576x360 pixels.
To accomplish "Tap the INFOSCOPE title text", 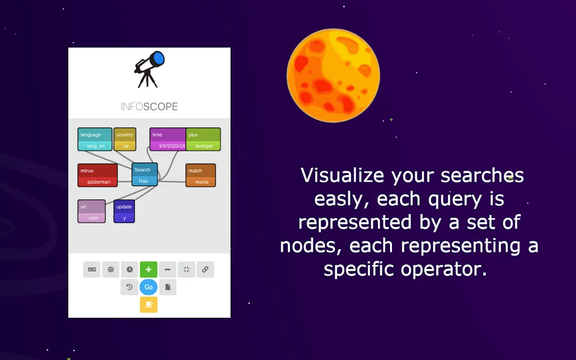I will coord(149,107).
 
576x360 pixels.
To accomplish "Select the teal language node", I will coord(94,139).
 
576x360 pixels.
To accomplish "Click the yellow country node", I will coord(125,139).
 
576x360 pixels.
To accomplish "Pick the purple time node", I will coord(167,139).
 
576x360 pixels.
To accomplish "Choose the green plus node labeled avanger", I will coord(203,139).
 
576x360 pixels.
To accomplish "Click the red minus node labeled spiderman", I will coord(97,175).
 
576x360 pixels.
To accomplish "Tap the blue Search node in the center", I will coord(145,174).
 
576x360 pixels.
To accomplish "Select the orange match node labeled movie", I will coord(201,175).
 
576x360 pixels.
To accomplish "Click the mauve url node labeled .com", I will coord(91,211).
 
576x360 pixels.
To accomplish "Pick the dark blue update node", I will coord(124,211).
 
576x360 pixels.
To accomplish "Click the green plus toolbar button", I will coord(148,269).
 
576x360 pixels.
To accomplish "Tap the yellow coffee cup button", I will coord(148,304).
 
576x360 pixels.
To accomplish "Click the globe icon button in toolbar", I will coord(111,269).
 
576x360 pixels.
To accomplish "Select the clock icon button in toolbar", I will coord(129,269).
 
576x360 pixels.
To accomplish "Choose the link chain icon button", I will coord(205,269).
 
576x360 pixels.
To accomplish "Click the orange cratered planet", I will coord(333,75).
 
